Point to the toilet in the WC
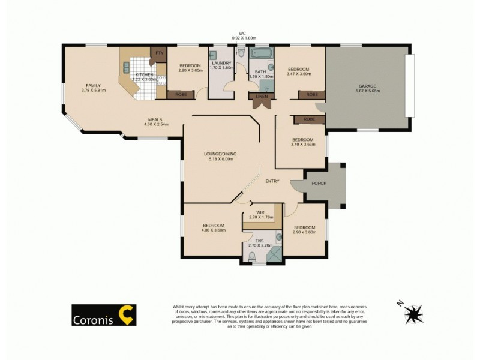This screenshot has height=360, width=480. point(241,54)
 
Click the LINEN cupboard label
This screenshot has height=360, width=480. point(261,96)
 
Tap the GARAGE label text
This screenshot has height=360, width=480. point(368,85)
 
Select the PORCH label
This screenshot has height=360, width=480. point(319,183)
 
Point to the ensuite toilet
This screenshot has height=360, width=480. point(252,257)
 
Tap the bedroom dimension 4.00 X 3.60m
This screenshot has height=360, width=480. point(212,230)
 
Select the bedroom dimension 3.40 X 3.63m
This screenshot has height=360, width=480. point(302,144)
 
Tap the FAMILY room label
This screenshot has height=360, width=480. point(92,85)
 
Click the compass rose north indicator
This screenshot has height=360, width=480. point(413,312)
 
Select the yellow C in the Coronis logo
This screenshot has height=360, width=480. point(127,314)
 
